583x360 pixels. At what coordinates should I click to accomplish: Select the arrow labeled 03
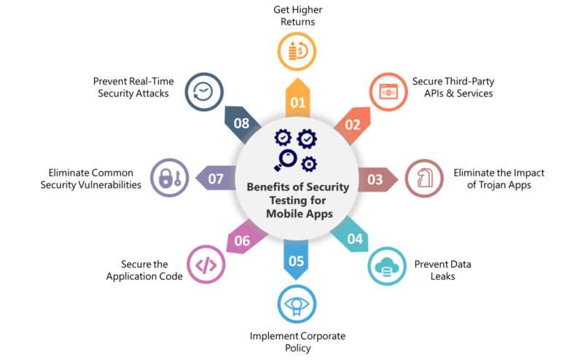coord(377,179)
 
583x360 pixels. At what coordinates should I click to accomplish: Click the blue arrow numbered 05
coord(296,259)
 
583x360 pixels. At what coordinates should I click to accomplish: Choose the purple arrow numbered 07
coord(216,178)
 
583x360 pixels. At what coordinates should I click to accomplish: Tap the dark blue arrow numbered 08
coord(242,124)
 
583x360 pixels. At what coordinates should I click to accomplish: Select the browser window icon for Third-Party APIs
coord(388,92)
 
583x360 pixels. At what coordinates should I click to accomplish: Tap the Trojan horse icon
coord(424,178)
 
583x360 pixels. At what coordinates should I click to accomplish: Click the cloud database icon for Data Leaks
coord(387,267)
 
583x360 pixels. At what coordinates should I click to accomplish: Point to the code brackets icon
coord(206,265)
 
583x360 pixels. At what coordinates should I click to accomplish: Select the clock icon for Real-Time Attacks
coord(203,92)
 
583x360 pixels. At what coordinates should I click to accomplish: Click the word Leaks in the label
coord(442,276)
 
